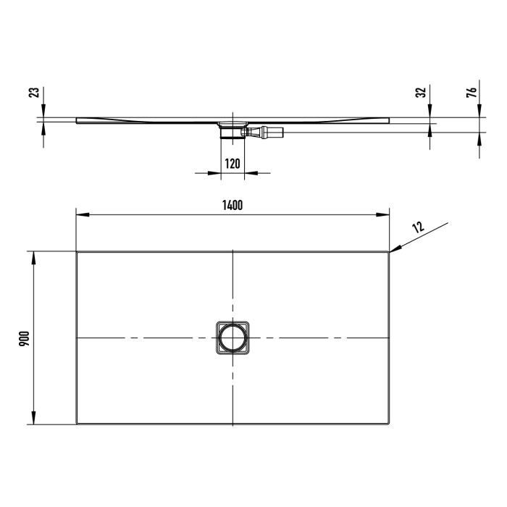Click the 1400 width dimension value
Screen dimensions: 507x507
click(x=232, y=205)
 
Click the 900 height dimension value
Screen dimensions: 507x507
click(x=23, y=338)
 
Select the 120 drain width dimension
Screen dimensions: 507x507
click(x=232, y=163)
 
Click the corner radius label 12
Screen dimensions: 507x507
click(x=418, y=227)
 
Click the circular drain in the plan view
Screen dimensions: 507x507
click(x=232, y=338)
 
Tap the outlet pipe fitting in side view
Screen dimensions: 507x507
click(x=269, y=133)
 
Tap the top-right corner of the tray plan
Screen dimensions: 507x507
click(x=389, y=252)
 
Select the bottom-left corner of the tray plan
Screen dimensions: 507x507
click(x=77, y=424)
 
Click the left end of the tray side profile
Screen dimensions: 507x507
click(x=76, y=120)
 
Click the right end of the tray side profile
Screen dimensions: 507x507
click(x=389, y=119)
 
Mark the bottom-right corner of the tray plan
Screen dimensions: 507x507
click(x=389, y=424)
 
